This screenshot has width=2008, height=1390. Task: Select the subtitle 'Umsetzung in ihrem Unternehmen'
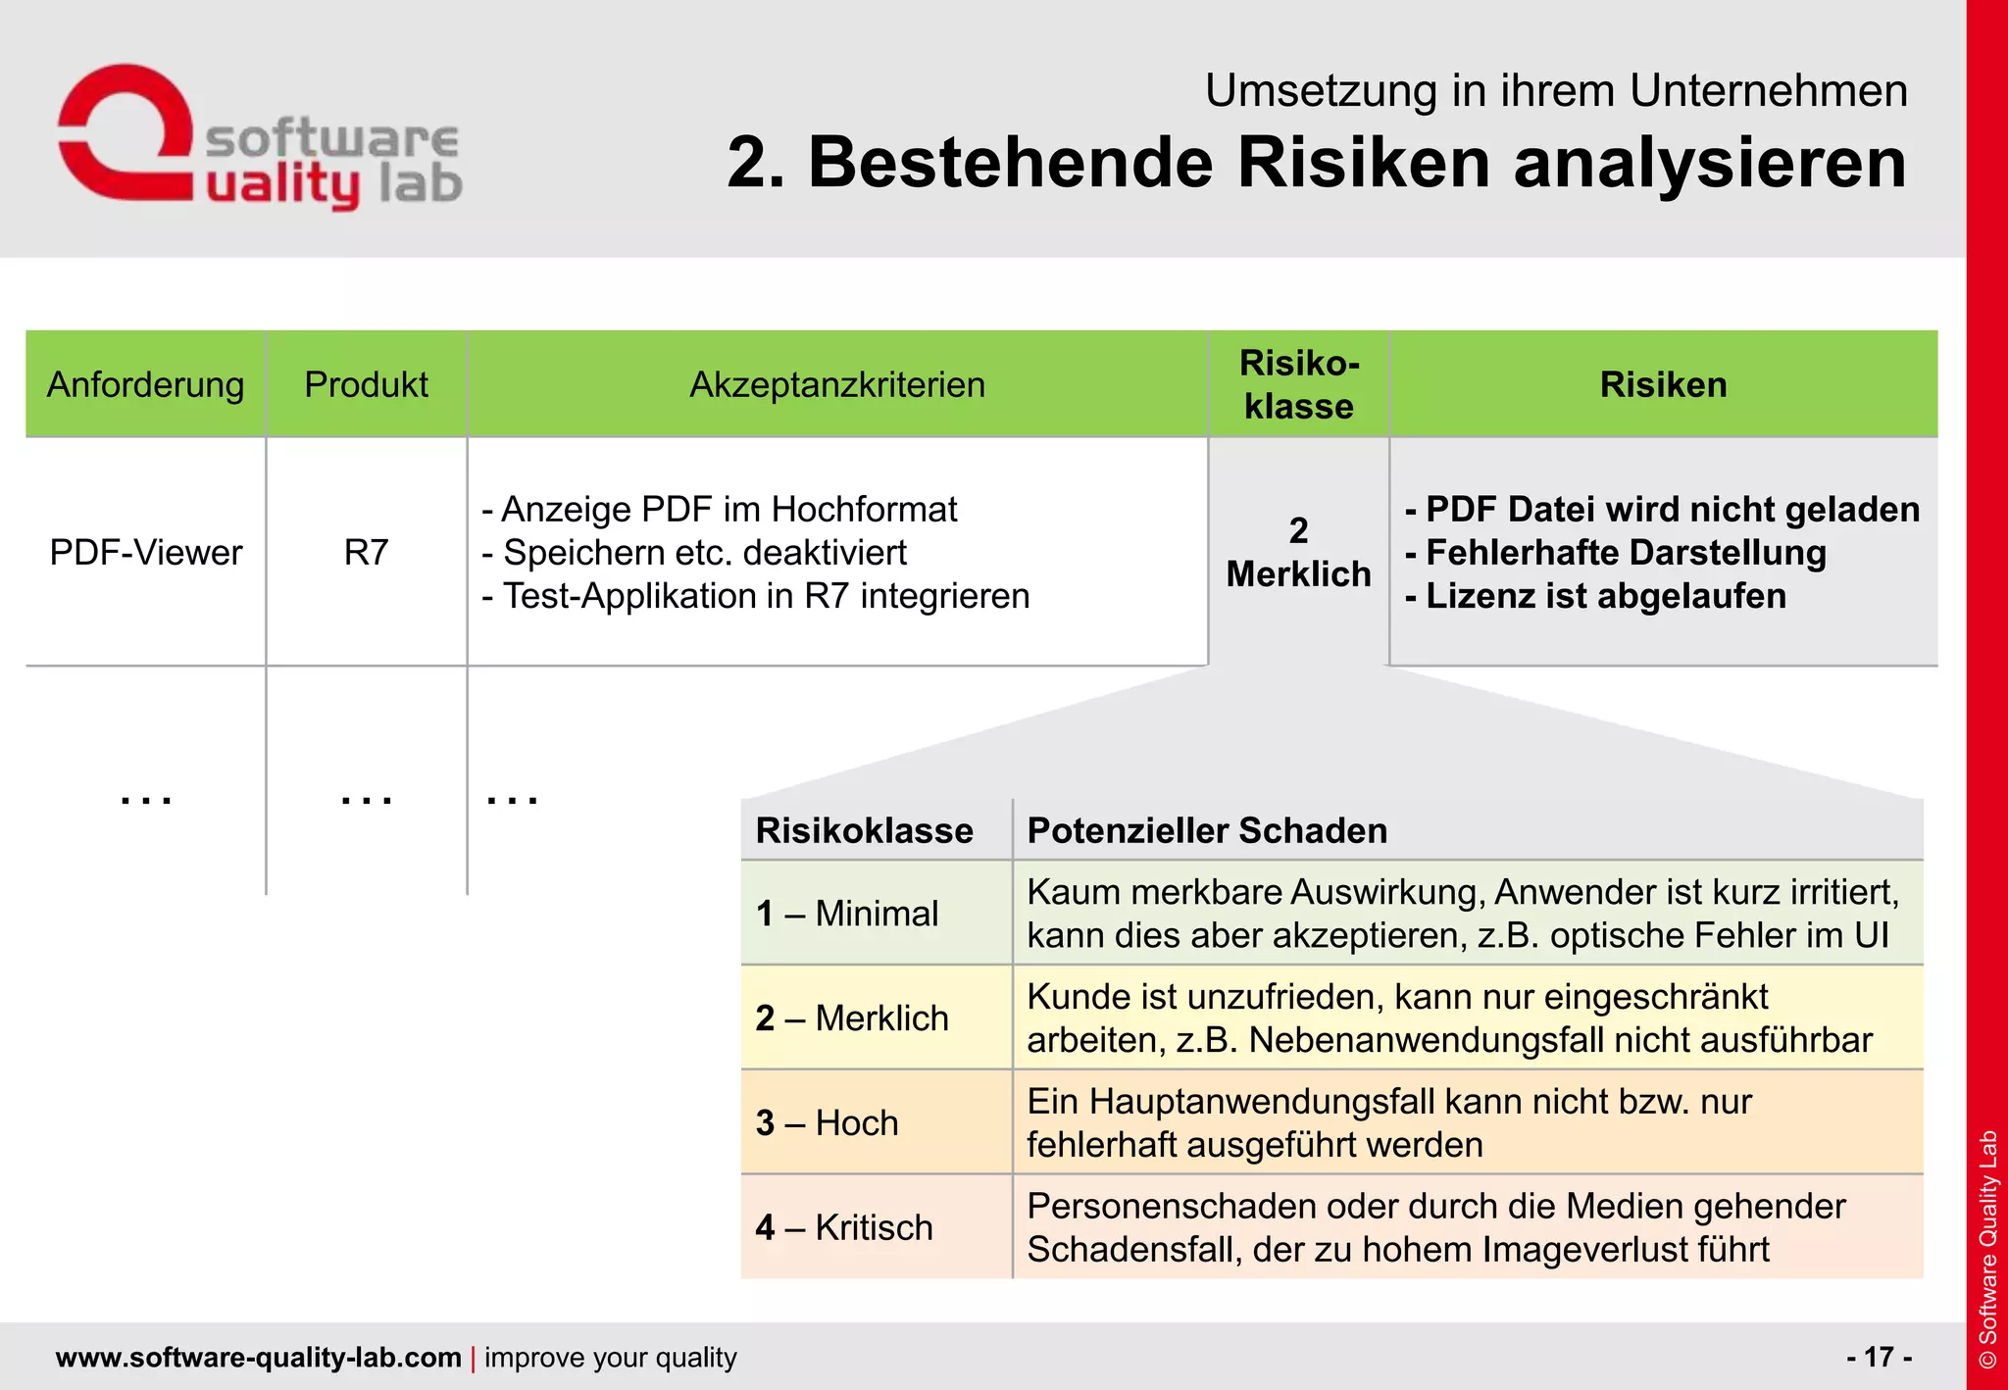tap(1556, 91)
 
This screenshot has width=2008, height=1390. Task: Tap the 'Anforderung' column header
tap(145, 384)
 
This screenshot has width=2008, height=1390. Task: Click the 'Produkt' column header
tap(366, 384)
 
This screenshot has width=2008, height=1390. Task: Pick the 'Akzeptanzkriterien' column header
tap(837, 384)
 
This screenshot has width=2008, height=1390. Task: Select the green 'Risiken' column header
tap(1663, 384)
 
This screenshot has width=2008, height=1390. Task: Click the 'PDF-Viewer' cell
tap(145, 553)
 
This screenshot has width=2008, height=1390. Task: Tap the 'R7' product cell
tap(366, 553)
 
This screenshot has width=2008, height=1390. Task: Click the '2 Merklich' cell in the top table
tap(1298, 553)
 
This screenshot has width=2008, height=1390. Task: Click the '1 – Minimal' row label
tap(847, 914)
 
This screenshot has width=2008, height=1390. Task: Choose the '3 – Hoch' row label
tap(828, 1123)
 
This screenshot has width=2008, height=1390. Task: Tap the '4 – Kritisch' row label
tap(844, 1227)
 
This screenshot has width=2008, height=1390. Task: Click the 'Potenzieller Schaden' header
tap(1207, 831)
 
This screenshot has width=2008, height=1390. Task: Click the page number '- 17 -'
tap(1879, 1357)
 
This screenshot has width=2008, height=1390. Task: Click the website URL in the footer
tap(259, 1358)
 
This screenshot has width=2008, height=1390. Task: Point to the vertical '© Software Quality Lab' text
tap(1987, 1249)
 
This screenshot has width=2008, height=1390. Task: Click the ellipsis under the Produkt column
tap(366, 800)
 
